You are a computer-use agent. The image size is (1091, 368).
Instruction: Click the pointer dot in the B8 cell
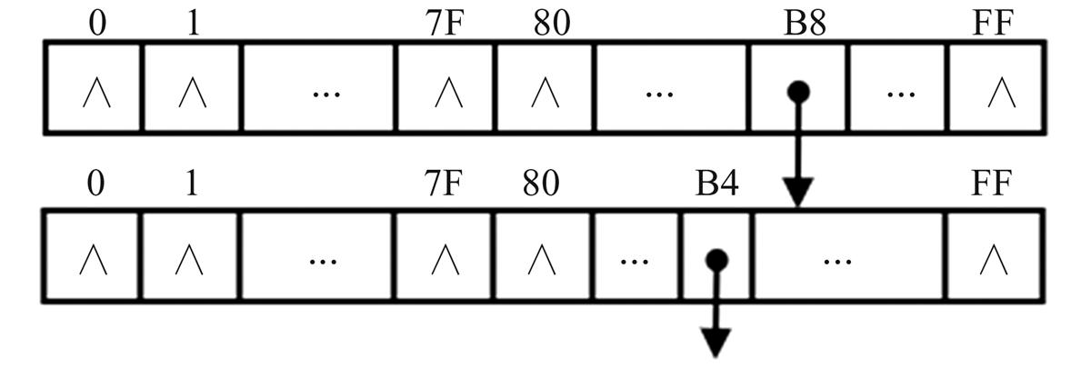pos(798,91)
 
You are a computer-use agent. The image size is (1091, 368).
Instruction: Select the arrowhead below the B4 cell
pos(716,343)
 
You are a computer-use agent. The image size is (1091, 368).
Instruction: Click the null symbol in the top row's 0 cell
pos(96,93)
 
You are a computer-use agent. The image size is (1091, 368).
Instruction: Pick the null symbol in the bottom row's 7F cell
pos(445,262)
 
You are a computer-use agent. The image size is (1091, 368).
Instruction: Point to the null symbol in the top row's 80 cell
pos(544,93)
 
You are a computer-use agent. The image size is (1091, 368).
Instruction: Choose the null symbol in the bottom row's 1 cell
pos(190,262)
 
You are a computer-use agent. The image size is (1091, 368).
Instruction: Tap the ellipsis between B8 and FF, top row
pos(899,93)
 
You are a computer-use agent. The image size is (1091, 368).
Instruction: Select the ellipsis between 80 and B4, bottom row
pos(636,262)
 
